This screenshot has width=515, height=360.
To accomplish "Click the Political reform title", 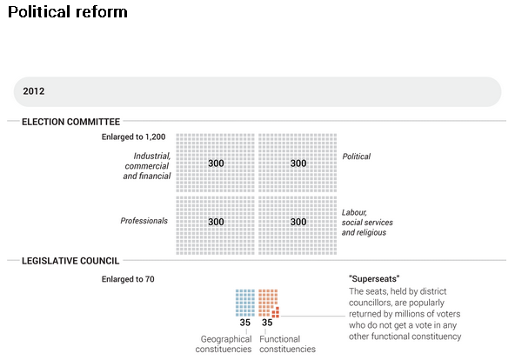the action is (68, 12).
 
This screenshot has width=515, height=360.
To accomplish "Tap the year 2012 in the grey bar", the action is (34, 91).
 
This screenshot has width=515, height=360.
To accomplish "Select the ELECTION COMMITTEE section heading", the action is (70, 122).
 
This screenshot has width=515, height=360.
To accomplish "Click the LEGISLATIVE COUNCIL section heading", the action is (70, 261).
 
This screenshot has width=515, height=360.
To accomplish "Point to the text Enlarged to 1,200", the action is (133, 137).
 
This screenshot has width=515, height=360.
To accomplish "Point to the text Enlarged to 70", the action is (128, 279).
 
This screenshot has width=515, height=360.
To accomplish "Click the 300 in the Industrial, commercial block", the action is (216, 163).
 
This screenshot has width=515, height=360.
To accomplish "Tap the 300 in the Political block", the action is (298, 163).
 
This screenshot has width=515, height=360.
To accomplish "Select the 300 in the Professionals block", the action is (216, 222).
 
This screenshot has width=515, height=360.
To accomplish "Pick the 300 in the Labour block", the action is (298, 222).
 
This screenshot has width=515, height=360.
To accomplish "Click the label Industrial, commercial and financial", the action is (147, 166).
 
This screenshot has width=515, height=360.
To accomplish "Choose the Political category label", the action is (357, 157).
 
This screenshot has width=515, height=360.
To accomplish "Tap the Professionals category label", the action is (144, 221).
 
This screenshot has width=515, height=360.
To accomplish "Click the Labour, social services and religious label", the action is (367, 223).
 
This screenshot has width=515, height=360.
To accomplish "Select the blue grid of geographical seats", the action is (245, 303).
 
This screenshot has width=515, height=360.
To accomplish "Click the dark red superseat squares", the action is (276, 312).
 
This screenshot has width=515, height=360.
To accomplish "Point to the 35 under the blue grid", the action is (245, 323).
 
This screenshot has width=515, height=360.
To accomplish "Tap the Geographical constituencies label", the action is (224, 344).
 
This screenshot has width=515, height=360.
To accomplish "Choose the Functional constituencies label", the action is (287, 344).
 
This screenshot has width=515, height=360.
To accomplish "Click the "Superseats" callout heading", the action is (374, 279).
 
